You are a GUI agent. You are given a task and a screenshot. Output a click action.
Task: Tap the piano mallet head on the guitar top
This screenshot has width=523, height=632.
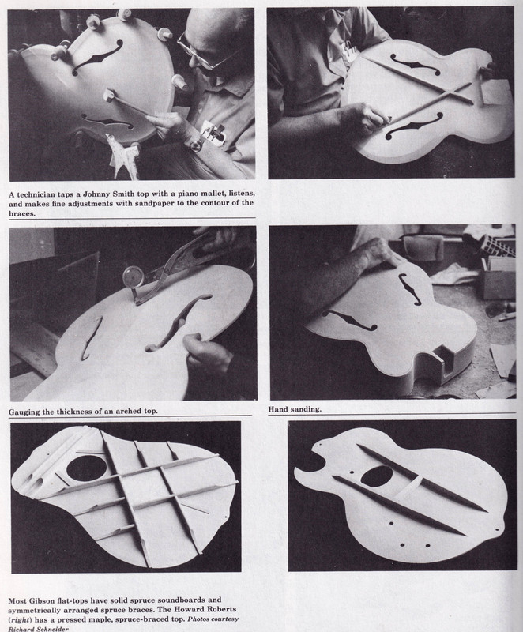click(x=110, y=96)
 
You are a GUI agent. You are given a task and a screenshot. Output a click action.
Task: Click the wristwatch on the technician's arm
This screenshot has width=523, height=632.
click(x=197, y=144)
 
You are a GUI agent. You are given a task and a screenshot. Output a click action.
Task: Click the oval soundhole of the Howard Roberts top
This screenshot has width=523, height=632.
click(x=377, y=476)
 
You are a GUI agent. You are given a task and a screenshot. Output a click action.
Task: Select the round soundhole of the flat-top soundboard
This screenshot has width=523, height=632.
click(x=86, y=469)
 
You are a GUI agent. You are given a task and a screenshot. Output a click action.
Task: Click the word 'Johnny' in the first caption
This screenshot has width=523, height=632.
click(x=100, y=194)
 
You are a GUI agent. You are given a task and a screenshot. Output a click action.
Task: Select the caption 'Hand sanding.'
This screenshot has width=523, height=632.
click(x=295, y=409)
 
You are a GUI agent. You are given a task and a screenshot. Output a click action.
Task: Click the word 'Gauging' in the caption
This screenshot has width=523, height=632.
click(x=24, y=412)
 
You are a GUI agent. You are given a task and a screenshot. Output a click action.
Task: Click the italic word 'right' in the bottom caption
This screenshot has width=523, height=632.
click(x=21, y=619)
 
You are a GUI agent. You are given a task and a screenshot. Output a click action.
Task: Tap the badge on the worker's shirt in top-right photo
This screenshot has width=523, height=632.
click(x=347, y=51)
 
